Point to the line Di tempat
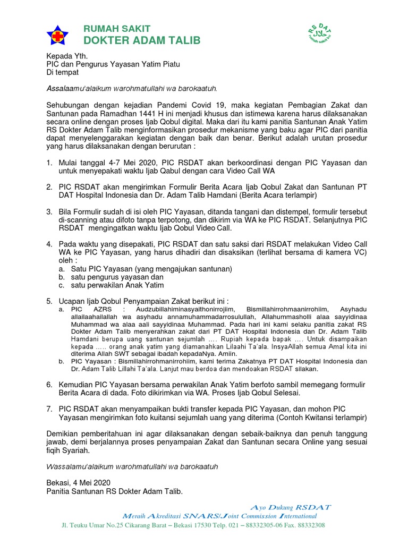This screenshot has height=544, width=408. pyautogui.click(x=63, y=72)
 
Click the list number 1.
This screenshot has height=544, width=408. pyautogui.click(x=49, y=163)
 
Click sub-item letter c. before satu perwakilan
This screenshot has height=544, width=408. pyautogui.click(x=62, y=285)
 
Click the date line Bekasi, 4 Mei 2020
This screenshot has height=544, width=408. pyautogui.click(x=78, y=483)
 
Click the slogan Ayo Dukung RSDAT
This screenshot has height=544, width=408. pyautogui.click(x=290, y=507)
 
